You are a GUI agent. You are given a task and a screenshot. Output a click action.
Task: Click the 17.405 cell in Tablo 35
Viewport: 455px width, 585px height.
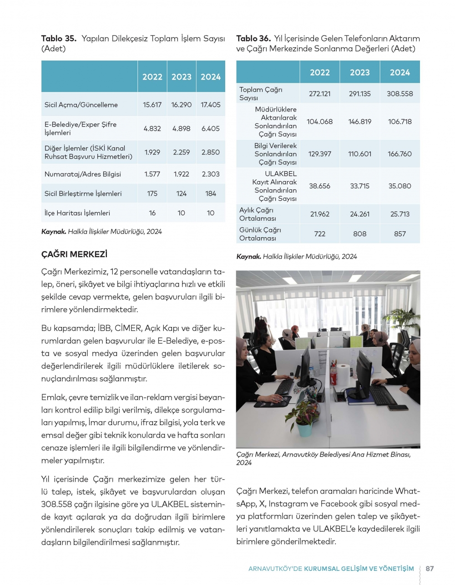click(210, 105)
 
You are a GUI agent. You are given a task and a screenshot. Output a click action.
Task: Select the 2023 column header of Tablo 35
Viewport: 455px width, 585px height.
click(181, 77)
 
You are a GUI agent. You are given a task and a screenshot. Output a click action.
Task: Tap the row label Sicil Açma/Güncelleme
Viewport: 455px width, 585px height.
click(81, 105)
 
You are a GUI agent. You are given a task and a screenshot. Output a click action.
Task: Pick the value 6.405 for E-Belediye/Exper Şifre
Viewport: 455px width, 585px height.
click(210, 128)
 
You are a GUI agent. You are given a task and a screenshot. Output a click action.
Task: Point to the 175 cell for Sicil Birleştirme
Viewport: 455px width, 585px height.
click(152, 193)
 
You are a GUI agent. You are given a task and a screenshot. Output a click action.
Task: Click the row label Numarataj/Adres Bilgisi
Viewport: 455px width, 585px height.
click(83, 174)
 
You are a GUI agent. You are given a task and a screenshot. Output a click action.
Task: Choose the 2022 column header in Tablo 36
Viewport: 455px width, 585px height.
click(319, 72)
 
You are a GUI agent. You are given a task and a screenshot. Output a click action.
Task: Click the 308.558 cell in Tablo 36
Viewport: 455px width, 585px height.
click(399, 94)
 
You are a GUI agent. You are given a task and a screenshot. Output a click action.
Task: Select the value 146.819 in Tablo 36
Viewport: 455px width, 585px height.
click(359, 122)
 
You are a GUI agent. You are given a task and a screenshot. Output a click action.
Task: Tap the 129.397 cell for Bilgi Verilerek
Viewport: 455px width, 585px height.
click(319, 154)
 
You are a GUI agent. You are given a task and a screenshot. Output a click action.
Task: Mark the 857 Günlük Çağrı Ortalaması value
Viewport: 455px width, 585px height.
click(399, 234)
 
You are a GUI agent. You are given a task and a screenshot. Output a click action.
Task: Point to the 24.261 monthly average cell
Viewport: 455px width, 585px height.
click(359, 214)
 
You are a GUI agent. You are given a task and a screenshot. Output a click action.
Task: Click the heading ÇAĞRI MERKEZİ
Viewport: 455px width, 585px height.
click(74, 254)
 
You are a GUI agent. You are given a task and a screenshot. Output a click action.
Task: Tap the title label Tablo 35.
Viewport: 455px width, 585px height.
click(59, 39)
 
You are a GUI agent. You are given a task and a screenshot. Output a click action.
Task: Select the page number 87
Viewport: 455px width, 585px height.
click(430, 568)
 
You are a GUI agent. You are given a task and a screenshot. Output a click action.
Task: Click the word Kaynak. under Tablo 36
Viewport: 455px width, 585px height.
click(248, 256)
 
